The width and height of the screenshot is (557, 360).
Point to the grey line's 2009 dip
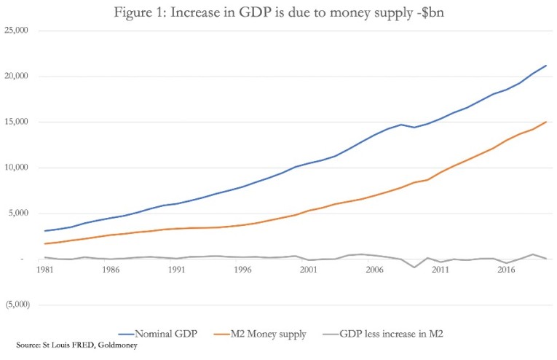(414, 267)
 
